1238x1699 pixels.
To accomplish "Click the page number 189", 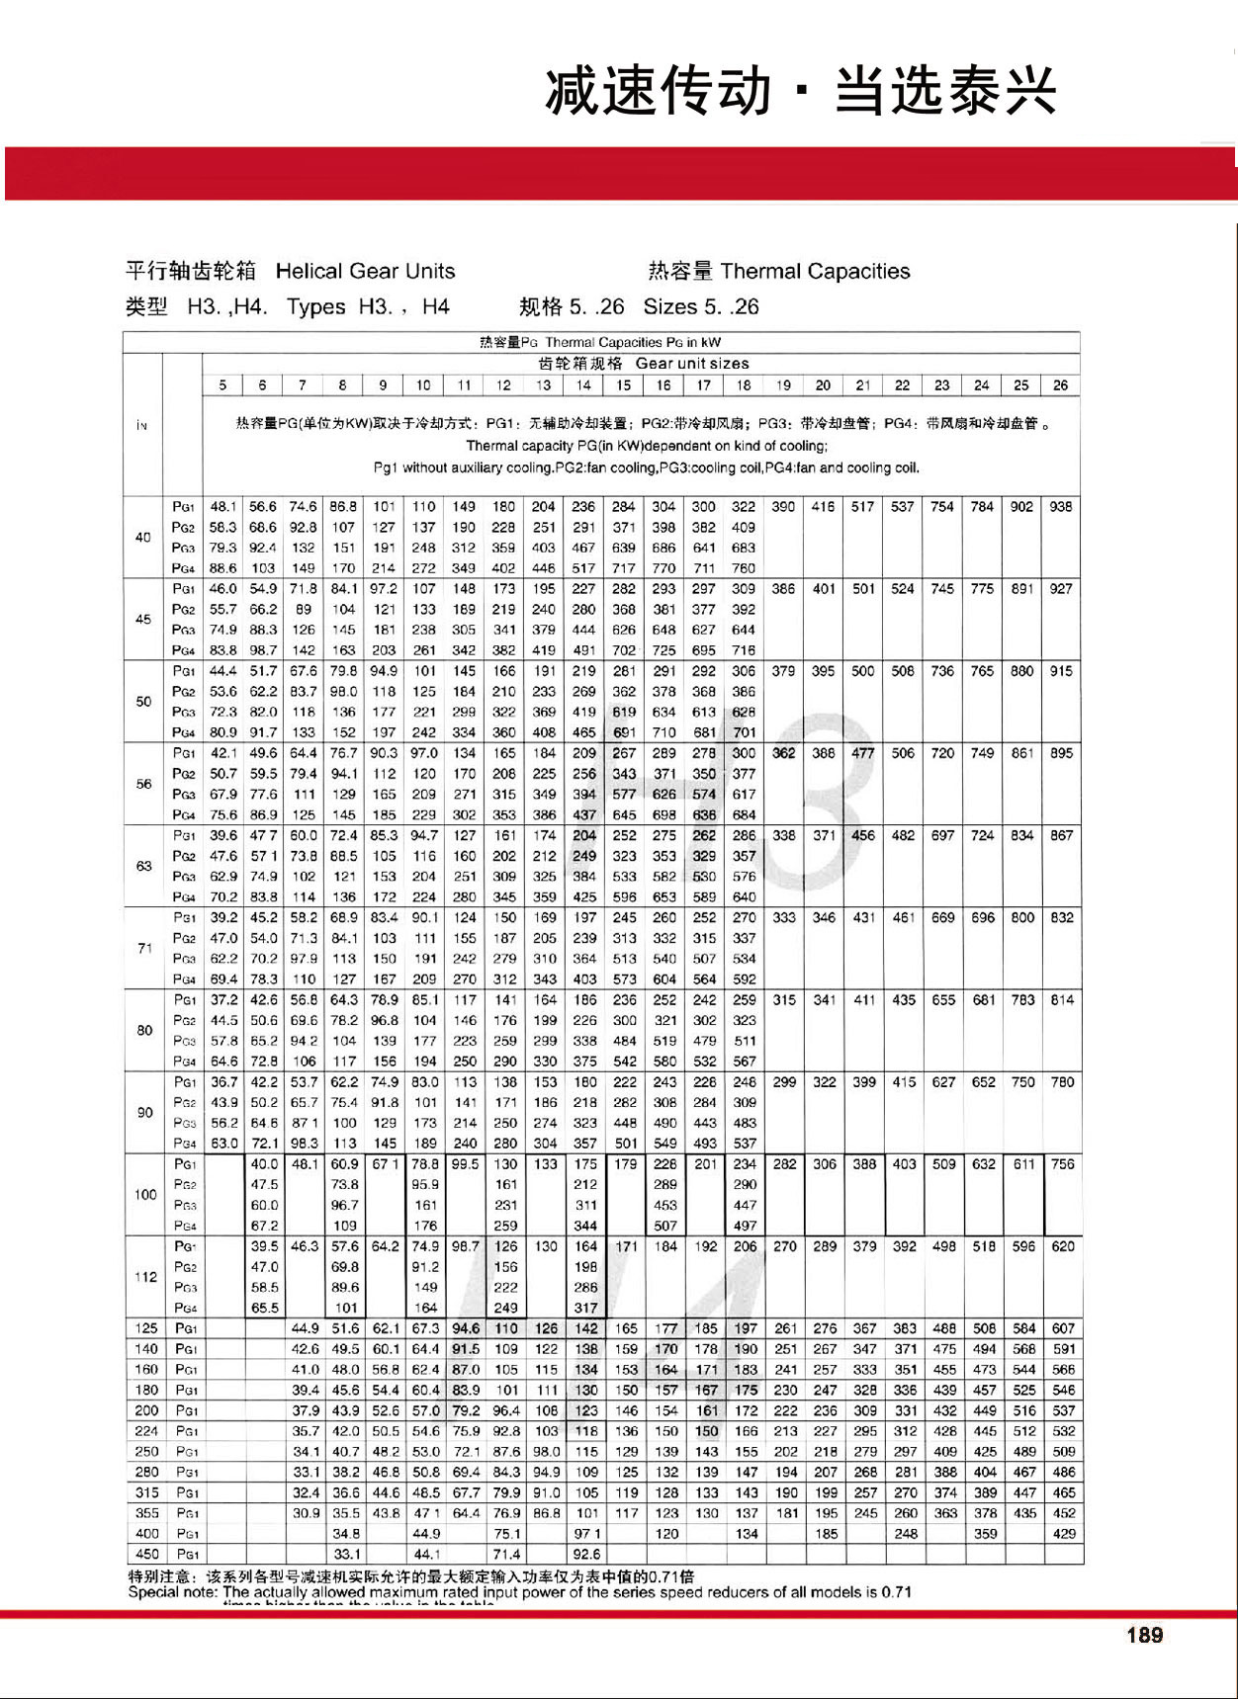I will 1144,1635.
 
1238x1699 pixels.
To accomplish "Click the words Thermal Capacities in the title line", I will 815,272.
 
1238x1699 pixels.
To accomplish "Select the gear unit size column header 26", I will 1060,385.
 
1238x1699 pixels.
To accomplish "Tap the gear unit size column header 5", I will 222,385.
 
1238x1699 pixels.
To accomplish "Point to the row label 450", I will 145,1554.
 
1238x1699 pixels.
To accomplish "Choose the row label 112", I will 145,1277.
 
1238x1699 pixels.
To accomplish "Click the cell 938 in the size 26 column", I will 1060,507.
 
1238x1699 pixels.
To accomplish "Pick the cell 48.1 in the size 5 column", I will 222,507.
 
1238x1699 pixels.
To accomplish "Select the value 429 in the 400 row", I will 1064,1534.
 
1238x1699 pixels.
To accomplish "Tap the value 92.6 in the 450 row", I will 585,1554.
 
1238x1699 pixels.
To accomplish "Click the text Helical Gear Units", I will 365,272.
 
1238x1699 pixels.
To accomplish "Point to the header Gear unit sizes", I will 692,364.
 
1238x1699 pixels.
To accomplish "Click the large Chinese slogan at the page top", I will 801,91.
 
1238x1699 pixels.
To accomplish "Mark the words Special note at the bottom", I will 173,1592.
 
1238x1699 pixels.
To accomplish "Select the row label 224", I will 146,1431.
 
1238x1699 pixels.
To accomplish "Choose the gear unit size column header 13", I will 544,385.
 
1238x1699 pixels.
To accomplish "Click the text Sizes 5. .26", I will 701,307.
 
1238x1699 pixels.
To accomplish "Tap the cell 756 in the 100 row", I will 1063,1164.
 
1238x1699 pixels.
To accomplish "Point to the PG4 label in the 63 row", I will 183,897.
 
